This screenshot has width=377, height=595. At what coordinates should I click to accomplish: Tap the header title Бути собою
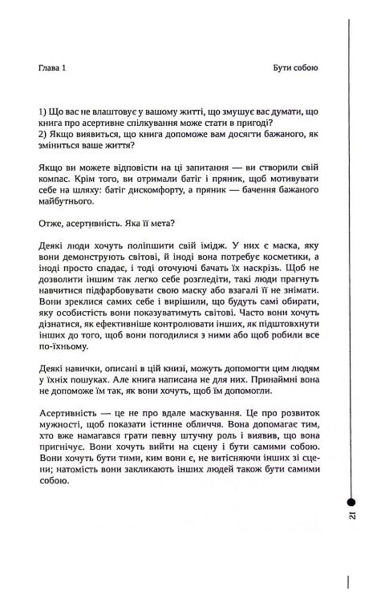[294, 69]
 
